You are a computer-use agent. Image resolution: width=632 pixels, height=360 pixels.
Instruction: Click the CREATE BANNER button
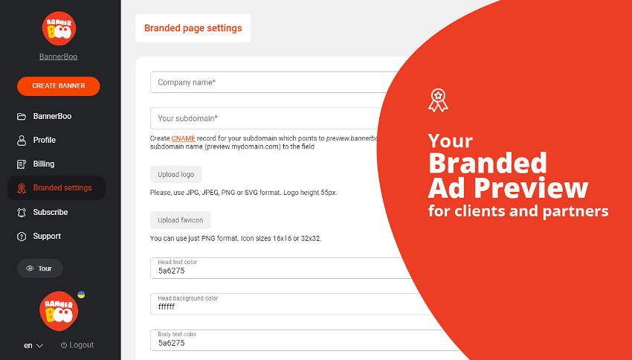(59, 86)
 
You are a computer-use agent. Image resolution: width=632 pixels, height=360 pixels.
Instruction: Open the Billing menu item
(36, 164)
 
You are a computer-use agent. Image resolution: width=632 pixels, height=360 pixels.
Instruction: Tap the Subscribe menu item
(42, 212)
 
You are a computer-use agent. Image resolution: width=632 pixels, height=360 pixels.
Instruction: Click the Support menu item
(39, 237)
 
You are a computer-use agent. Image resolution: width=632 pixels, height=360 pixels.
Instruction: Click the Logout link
(77, 345)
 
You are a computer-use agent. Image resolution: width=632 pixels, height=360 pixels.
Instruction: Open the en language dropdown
(33, 345)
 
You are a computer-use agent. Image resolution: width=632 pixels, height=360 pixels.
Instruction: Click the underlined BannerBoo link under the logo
(59, 57)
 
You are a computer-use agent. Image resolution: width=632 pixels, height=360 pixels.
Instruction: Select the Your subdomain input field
(266, 118)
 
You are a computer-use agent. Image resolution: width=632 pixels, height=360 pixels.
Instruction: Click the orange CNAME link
(184, 138)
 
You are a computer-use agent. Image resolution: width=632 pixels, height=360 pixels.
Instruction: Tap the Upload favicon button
(181, 220)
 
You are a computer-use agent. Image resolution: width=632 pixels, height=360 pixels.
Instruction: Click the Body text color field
(303, 340)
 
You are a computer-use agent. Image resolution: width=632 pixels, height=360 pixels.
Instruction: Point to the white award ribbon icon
(438, 100)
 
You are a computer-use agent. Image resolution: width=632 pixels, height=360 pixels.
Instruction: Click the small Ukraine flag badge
(82, 295)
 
